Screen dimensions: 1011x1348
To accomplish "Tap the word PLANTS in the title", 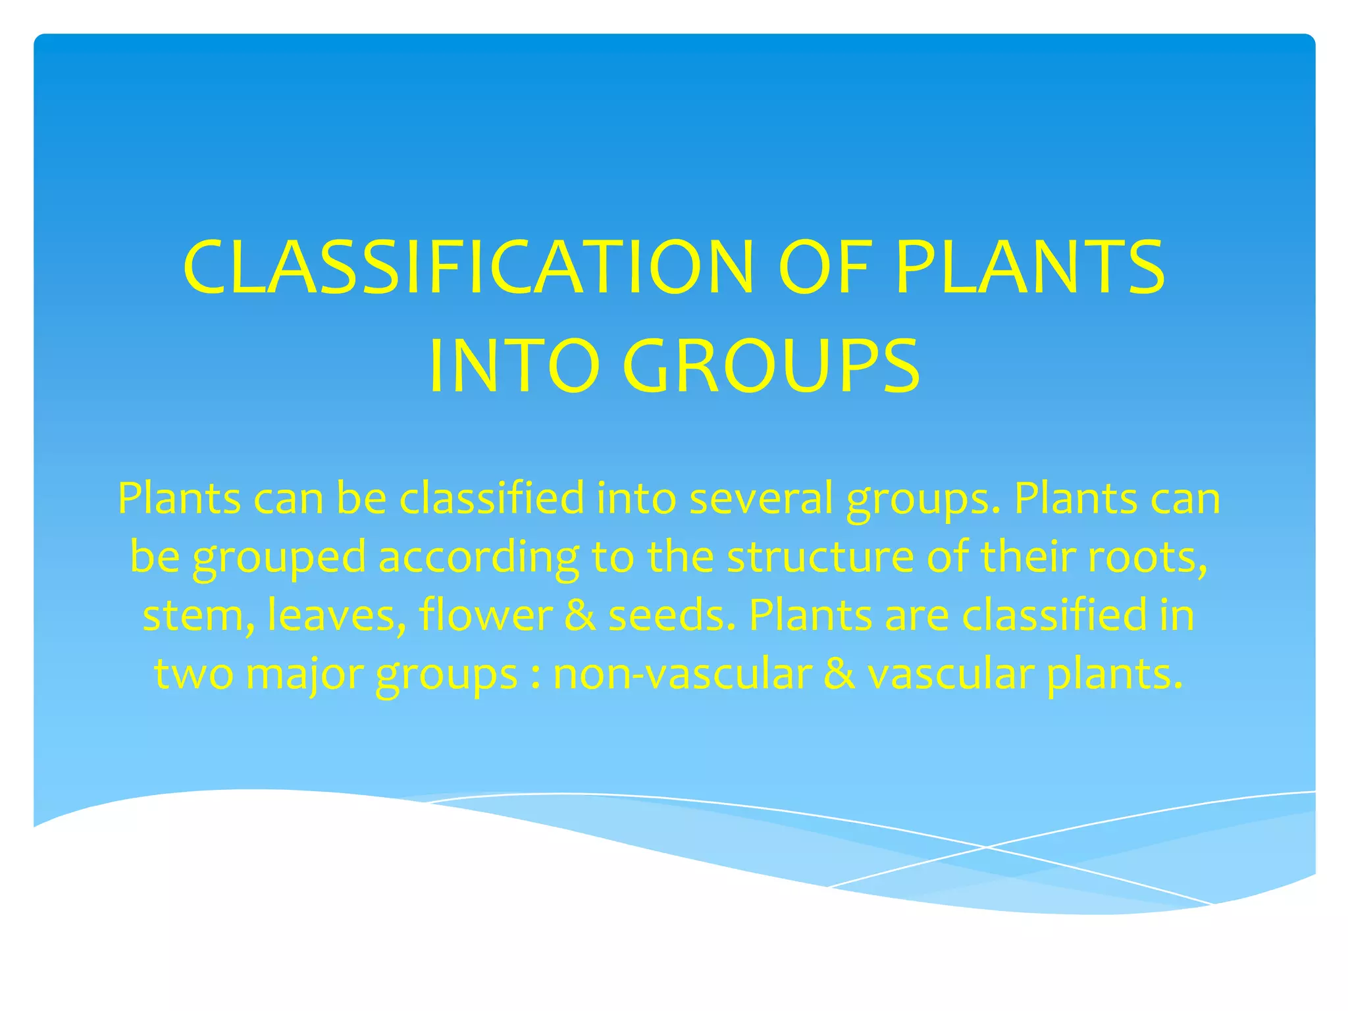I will click(x=1030, y=268).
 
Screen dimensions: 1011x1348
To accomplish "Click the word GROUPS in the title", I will click(x=770, y=367).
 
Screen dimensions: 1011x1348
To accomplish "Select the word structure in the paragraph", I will click(x=820, y=557).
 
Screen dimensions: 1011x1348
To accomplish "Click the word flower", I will click(x=486, y=615).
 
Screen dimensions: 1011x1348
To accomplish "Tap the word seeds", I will click(x=670, y=615).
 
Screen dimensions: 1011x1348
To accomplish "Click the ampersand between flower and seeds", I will click(x=579, y=615).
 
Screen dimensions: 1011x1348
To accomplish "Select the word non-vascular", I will click(x=682, y=674).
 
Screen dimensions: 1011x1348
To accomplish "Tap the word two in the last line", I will click(x=194, y=674).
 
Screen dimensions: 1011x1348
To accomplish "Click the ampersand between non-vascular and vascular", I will click(x=839, y=674).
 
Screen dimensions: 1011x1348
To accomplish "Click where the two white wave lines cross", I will click(x=985, y=846).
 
